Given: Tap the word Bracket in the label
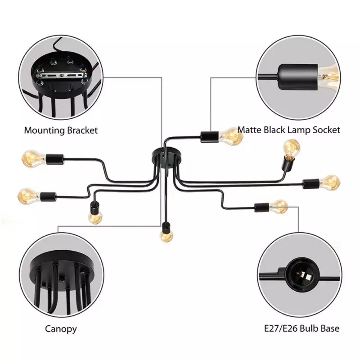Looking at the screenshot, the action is coord(82,130).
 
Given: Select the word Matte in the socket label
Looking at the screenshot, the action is coord(249,130).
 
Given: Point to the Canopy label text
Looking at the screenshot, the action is coord(61,329).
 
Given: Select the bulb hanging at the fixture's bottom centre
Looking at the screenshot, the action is coord(166,236).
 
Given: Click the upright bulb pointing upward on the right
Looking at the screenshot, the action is coord(291,148).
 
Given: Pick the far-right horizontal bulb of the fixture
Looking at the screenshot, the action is coord(330,183).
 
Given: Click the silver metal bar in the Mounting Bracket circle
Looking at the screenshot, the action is coord(61,75).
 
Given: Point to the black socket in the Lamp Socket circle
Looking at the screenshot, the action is coord(298,77).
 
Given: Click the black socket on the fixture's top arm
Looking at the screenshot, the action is coord(209,137).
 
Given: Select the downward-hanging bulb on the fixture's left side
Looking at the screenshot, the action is coord(95,217).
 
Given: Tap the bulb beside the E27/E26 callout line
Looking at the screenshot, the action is coord(278,207).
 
